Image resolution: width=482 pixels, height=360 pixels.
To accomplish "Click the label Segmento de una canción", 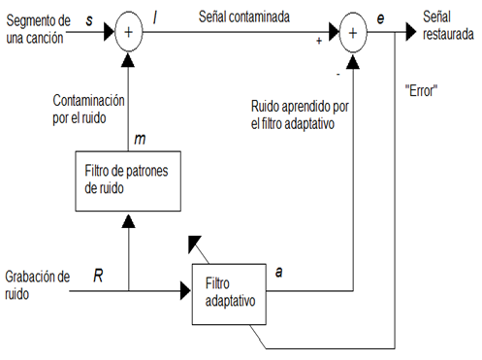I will tap(38, 26).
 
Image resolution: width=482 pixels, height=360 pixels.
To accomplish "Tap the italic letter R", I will tap(98, 275).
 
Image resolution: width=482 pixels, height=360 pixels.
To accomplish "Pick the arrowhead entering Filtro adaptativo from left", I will tap(184, 289).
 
